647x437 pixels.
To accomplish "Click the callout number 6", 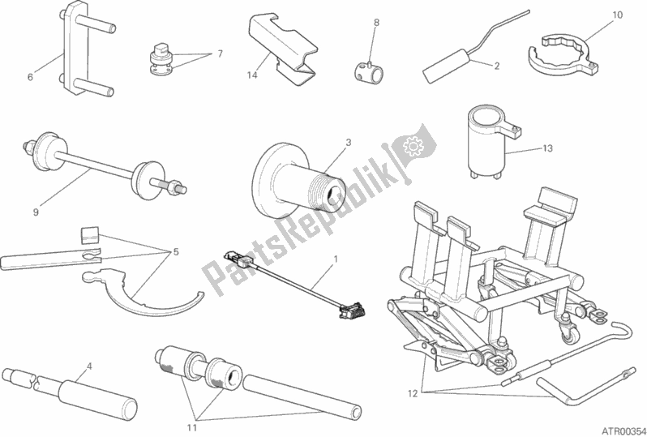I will (30, 78).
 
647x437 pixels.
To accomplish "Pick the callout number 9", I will (36, 213).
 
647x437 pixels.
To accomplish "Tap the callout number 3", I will (347, 143).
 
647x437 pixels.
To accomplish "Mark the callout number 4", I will (89, 365).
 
